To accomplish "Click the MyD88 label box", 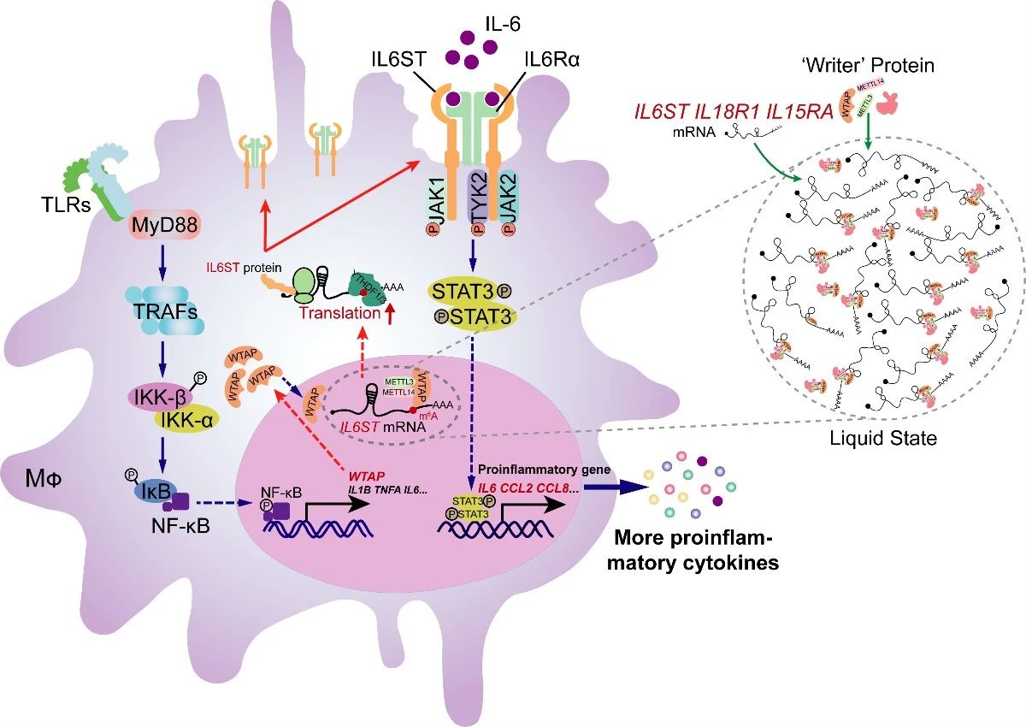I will (x=151, y=228).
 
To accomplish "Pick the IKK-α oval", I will (x=185, y=420).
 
